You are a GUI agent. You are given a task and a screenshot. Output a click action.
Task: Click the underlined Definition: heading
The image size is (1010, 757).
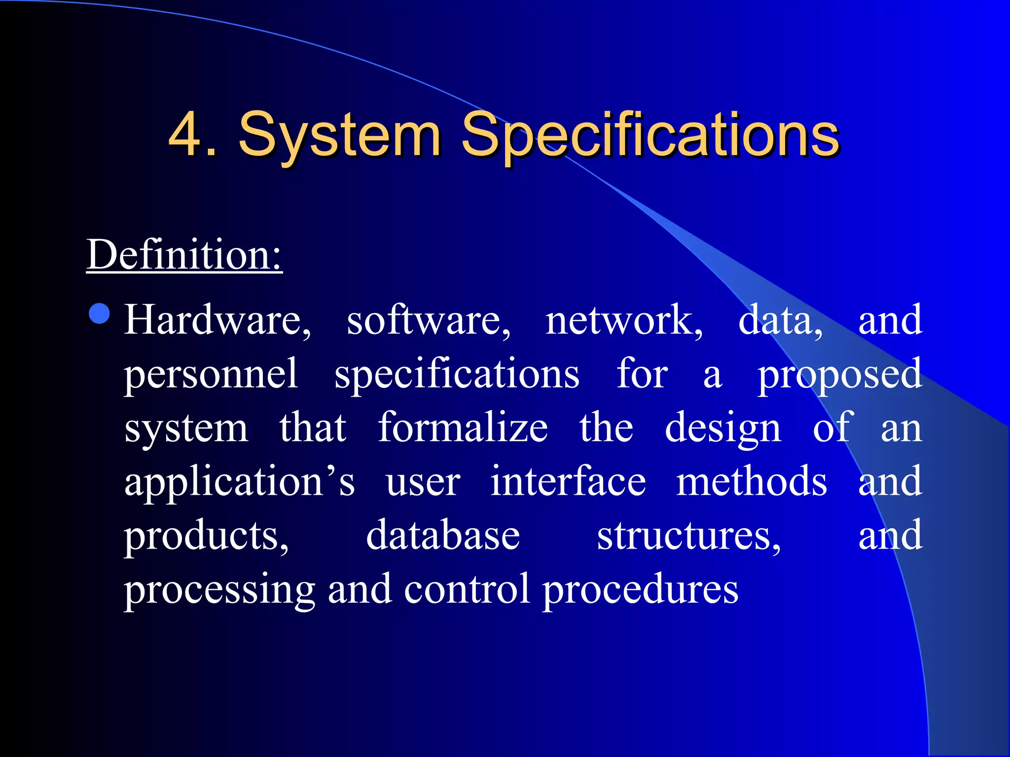click(184, 255)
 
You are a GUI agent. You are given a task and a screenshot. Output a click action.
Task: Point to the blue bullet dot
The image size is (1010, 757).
click(100, 313)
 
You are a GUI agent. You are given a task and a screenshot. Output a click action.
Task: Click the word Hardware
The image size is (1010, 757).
click(217, 320)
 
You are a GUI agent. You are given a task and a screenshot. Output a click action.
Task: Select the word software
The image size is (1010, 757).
click(428, 320)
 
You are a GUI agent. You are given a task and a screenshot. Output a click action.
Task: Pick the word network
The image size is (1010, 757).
click(624, 320)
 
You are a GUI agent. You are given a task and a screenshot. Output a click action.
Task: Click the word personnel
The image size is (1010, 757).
click(211, 375)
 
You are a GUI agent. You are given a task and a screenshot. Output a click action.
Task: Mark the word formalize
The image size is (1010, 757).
click(463, 428)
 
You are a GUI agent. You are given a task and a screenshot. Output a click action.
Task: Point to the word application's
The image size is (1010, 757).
click(240, 482)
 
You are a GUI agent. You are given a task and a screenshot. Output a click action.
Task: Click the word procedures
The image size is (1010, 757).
click(640, 590)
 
